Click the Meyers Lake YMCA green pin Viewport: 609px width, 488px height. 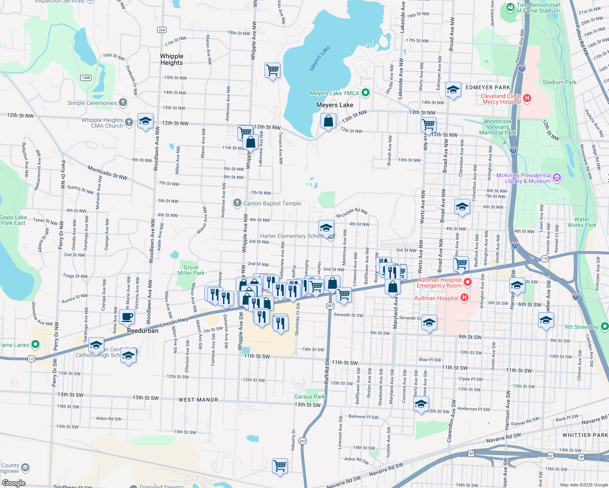tap(366, 93)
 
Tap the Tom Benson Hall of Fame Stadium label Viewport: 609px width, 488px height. tap(538, 8)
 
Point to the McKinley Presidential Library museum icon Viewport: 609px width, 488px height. tap(557, 177)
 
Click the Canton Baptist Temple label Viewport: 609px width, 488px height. tap(272, 203)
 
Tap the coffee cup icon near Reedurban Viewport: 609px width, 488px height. tap(127, 316)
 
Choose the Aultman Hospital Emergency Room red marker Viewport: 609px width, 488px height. tap(468, 281)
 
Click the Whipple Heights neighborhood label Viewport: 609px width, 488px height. tap(171, 59)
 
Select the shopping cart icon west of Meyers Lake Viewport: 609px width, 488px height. tap(272, 70)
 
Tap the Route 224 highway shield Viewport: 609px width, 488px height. tap(162, 30)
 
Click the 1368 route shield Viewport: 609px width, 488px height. tap(85, 78)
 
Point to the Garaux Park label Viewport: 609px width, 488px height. tap(309, 396)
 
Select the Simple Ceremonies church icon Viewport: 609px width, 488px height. tap(123, 102)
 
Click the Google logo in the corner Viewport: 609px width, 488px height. tap(13, 483)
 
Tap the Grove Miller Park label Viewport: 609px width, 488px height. tap(191, 270)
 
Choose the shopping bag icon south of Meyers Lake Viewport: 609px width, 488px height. tap(328, 121)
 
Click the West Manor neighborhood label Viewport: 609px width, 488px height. tap(198, 400)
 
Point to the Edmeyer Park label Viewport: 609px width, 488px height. tap(488, 87)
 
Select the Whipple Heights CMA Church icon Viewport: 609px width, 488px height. tap(129, 122)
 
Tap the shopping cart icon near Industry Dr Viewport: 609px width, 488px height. tap(280, 466)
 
